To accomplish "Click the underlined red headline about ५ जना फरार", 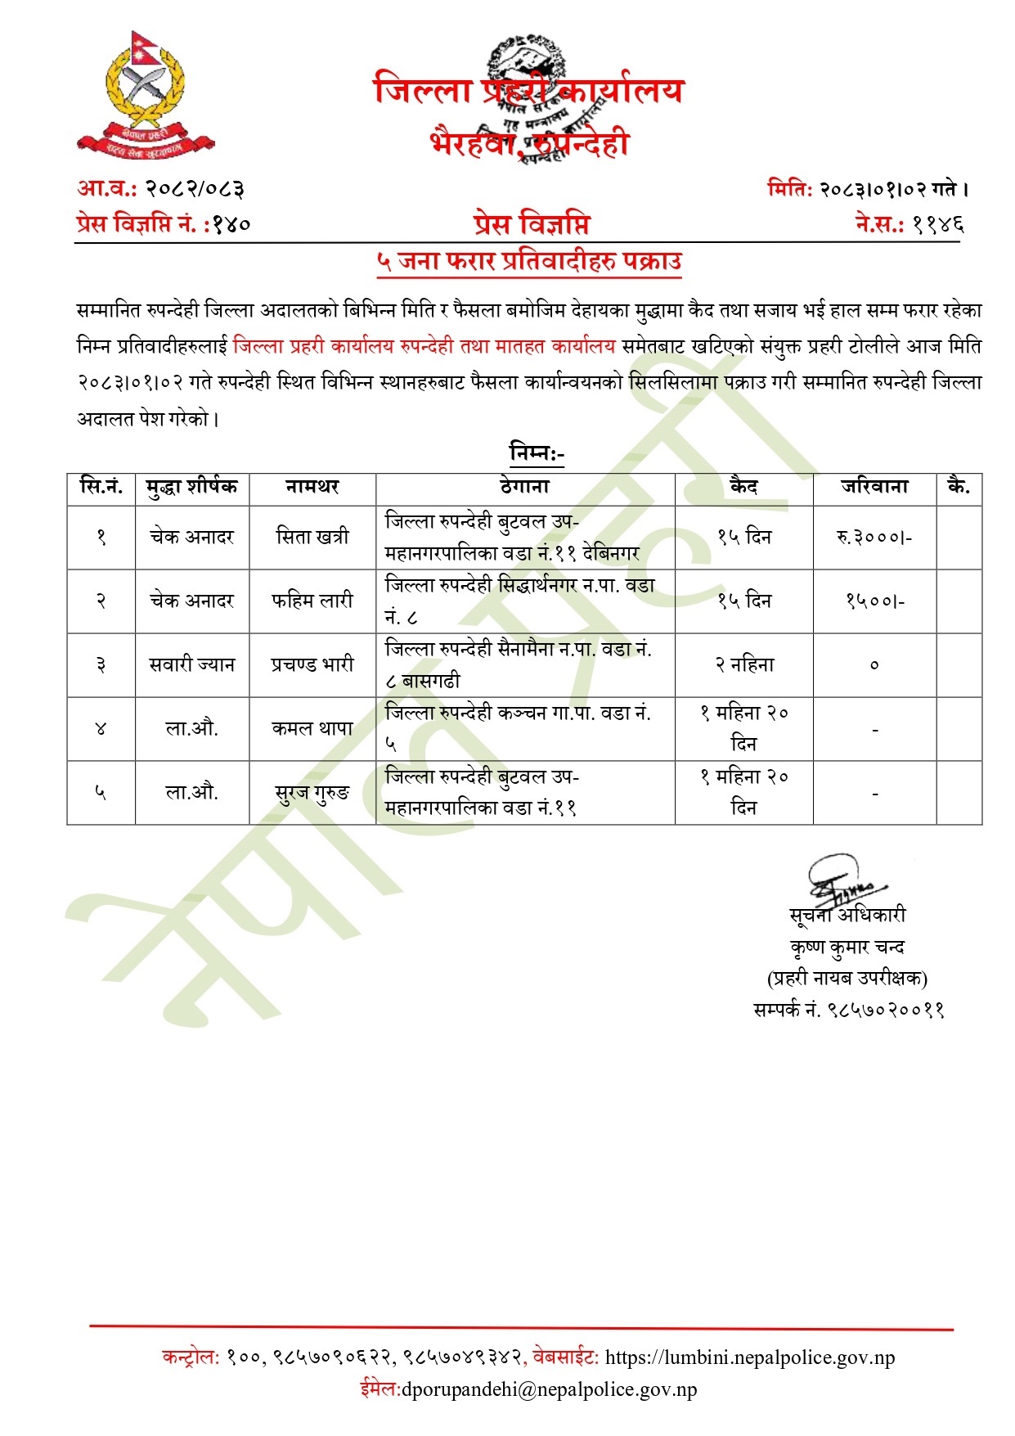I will point(528,262).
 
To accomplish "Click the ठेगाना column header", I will point(524,487).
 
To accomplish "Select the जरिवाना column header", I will point(874,487).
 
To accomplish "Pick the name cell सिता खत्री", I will point(312,537).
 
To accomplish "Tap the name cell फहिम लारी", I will point(312,601).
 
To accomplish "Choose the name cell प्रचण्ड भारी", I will point(312,664).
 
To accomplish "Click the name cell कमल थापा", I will point(312,728).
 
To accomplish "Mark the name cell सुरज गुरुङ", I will point(312,792).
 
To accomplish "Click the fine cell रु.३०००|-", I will point(874,537).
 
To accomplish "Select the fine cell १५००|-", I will point(874,601).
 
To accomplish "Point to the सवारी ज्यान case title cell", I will point(192,664).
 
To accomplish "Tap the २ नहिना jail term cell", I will point(743,664).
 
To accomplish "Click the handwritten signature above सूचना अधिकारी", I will point(842,880).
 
